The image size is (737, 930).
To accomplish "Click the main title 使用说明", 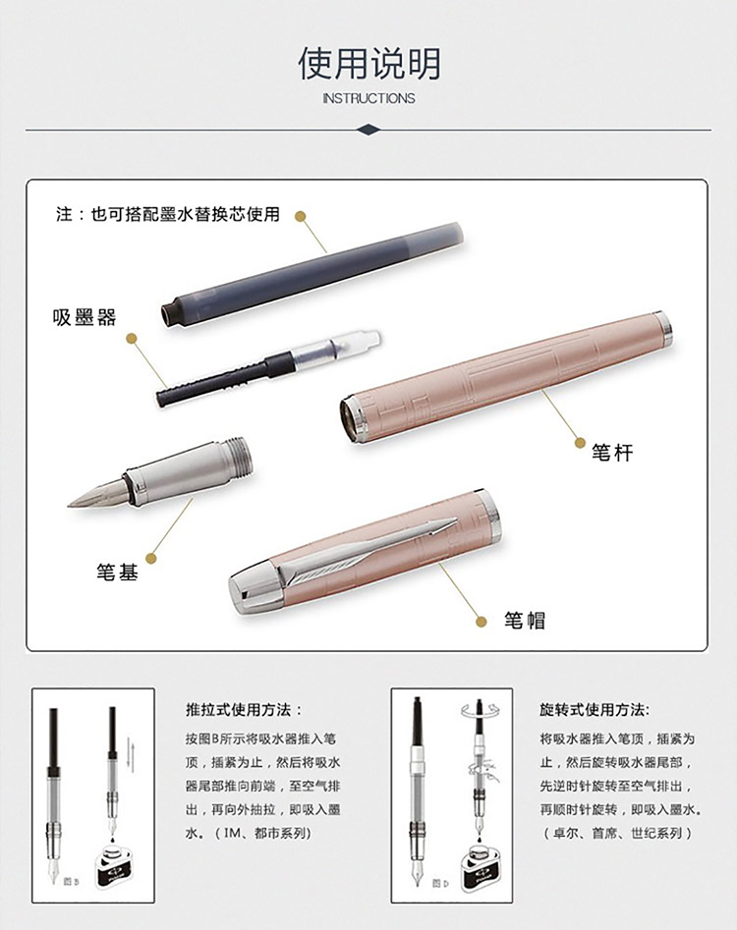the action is [x=368, y=64].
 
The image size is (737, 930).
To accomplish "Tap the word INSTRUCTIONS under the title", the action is [x=368, y=98].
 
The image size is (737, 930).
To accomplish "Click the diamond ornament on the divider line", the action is [x=368, y=130].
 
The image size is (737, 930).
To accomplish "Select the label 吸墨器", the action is [x=85, y=318].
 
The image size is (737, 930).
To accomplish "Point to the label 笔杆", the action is [x=612, y=453].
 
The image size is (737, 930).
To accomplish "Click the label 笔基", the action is [x=118, y=572].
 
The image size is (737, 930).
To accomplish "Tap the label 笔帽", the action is [x=525, y=621].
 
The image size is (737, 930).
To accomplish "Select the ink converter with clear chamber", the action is [x=268, y=366].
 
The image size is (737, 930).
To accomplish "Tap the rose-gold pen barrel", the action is [x=506, y=377].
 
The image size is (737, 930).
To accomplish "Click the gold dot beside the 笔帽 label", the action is [x=482, y=622].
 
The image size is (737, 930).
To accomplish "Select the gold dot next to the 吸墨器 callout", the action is [x=132, y=339].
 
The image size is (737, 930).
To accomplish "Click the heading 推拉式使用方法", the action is [x=244, y=710].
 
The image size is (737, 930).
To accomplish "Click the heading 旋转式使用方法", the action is [x=595, y=710].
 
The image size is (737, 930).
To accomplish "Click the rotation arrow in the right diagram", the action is [x=481, y=709].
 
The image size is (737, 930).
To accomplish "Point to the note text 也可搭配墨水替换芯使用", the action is [x=185, y=213].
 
